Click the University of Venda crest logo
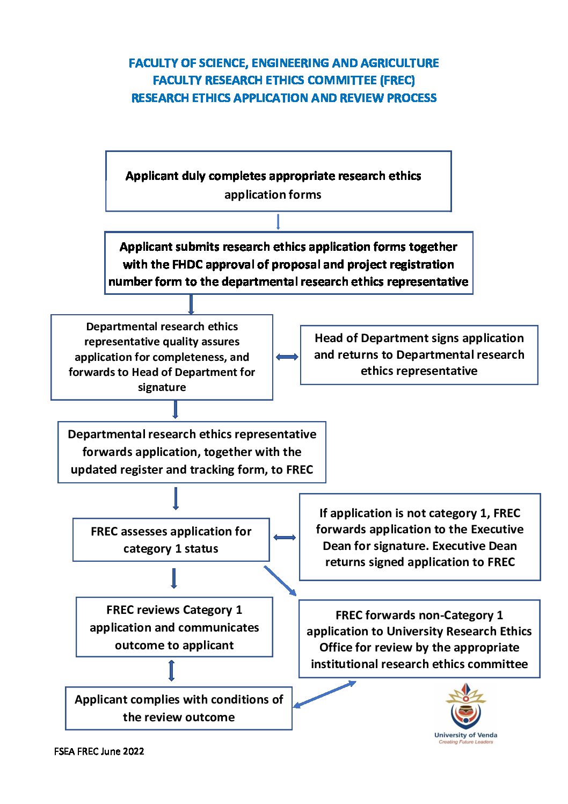pos(465,711)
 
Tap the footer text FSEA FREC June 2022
pos(99,751)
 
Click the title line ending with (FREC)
pos(283,80)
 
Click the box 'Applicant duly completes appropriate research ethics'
pos(278,181)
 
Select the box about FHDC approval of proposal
pos(288,263)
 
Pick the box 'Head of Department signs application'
pos(419,354)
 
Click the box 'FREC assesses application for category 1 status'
pos(171,539)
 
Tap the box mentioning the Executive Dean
pos(420,537)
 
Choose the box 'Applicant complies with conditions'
pos(179,708)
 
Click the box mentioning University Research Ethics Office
pos(419,639)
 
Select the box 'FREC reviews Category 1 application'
pos(174,627)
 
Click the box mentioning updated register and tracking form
pos(192,452)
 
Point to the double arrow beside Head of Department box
pos(287,357)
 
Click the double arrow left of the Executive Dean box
pos(285,537)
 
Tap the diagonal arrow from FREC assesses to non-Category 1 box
pos(280,581)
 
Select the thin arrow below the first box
pos(278,222)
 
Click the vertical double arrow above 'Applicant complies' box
pos(171,670)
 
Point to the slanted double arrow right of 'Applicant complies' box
pos(324,694)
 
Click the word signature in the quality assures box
pos(162,387)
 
